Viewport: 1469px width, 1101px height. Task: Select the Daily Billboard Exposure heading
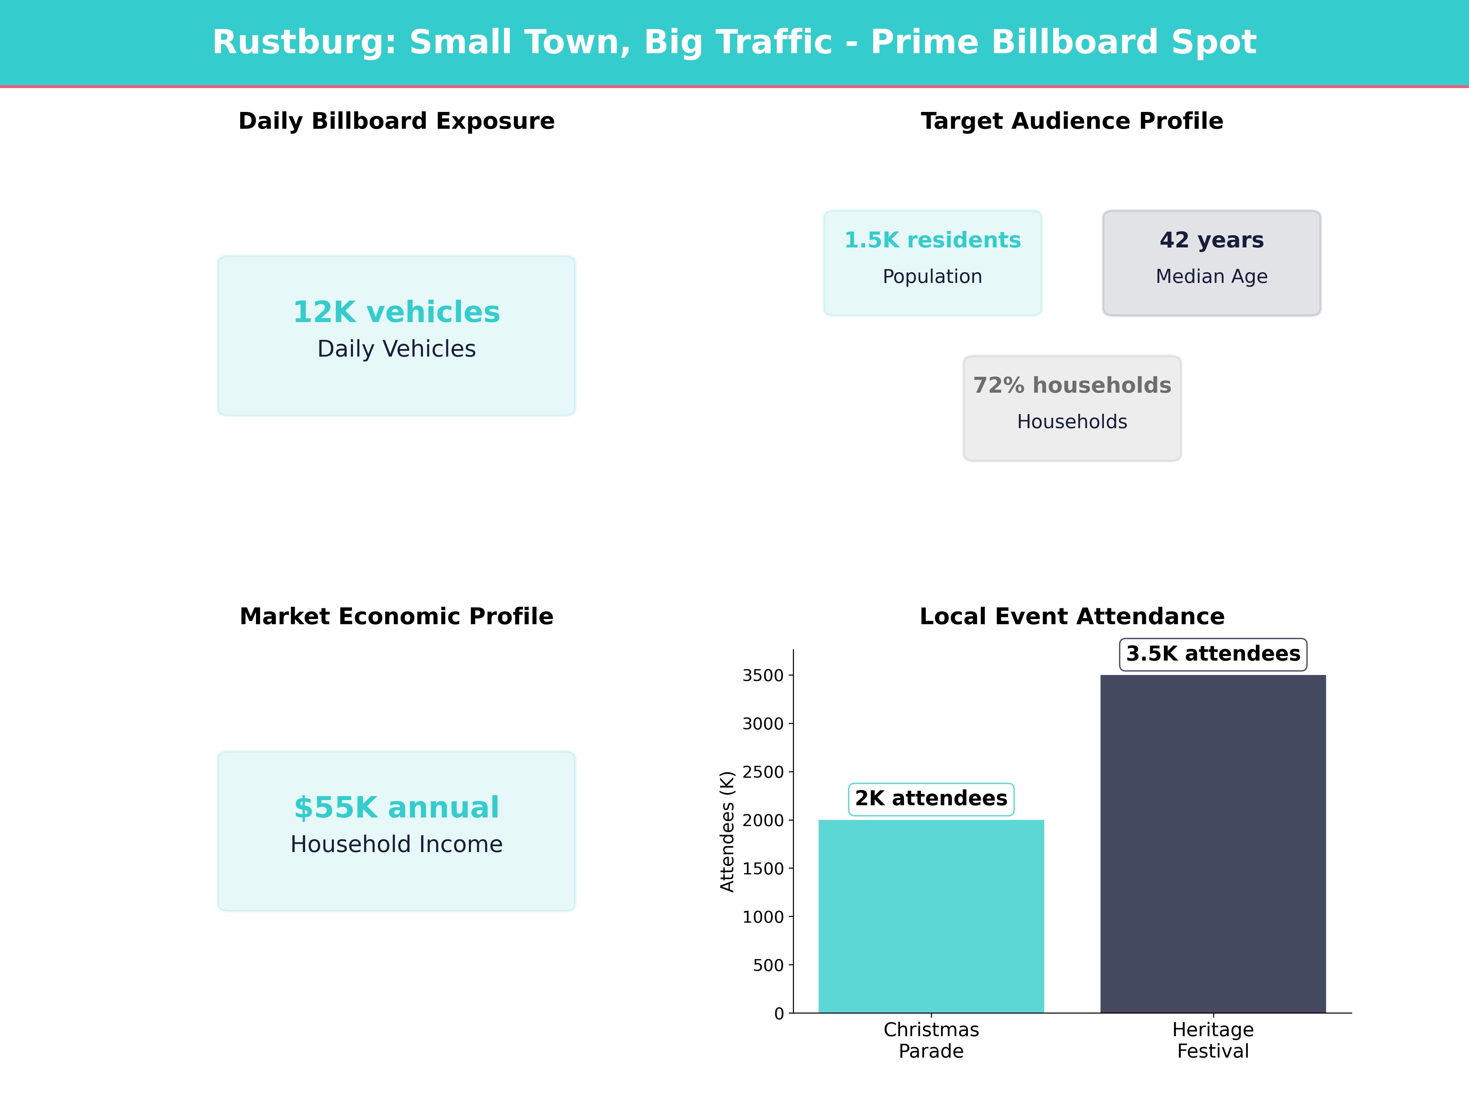(x=396, y=121)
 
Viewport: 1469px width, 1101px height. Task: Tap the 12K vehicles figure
(x=396, y=312)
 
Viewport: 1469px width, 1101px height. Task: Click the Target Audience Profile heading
(x=1072, y=121)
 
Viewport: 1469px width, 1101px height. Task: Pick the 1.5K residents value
(x=933, y=240)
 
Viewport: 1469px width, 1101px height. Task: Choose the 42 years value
(x=1211, y=240)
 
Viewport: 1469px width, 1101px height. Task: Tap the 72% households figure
(x=1072, y=386)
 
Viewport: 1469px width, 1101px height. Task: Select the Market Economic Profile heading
(x=396, y=617)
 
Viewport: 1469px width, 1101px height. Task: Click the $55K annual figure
(x=396, y=808)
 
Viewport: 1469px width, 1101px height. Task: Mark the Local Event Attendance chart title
(x=1072, y=617)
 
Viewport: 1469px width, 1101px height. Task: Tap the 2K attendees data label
(x=931, y=798)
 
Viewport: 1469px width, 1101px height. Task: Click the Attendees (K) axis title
(x=728, y=832)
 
